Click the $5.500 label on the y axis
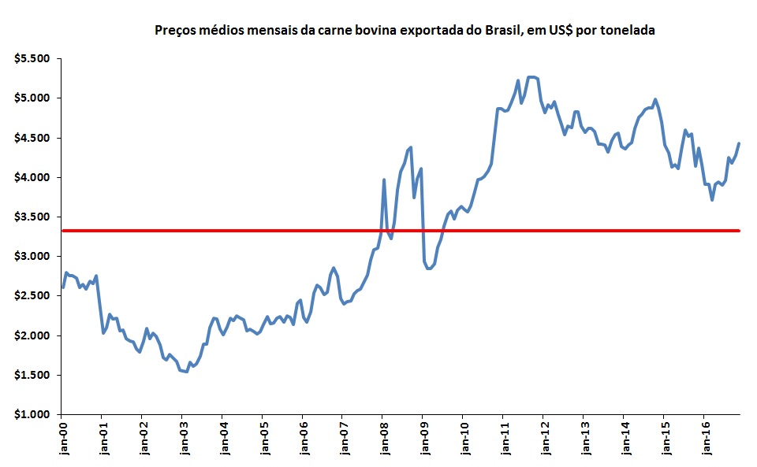tap(32, 59)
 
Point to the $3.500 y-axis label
tap(32, 217)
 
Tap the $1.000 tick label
tap(32, 414)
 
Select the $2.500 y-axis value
tap(32, 296)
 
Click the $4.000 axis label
tap(32, 177)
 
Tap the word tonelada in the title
tap(629, 32)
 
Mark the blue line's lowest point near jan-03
tap(186, 372)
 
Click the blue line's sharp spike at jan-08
tap(384, 180)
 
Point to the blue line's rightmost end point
tap(739, 143)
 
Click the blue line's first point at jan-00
tap(62, 287)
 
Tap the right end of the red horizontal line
tap(739, 231)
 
